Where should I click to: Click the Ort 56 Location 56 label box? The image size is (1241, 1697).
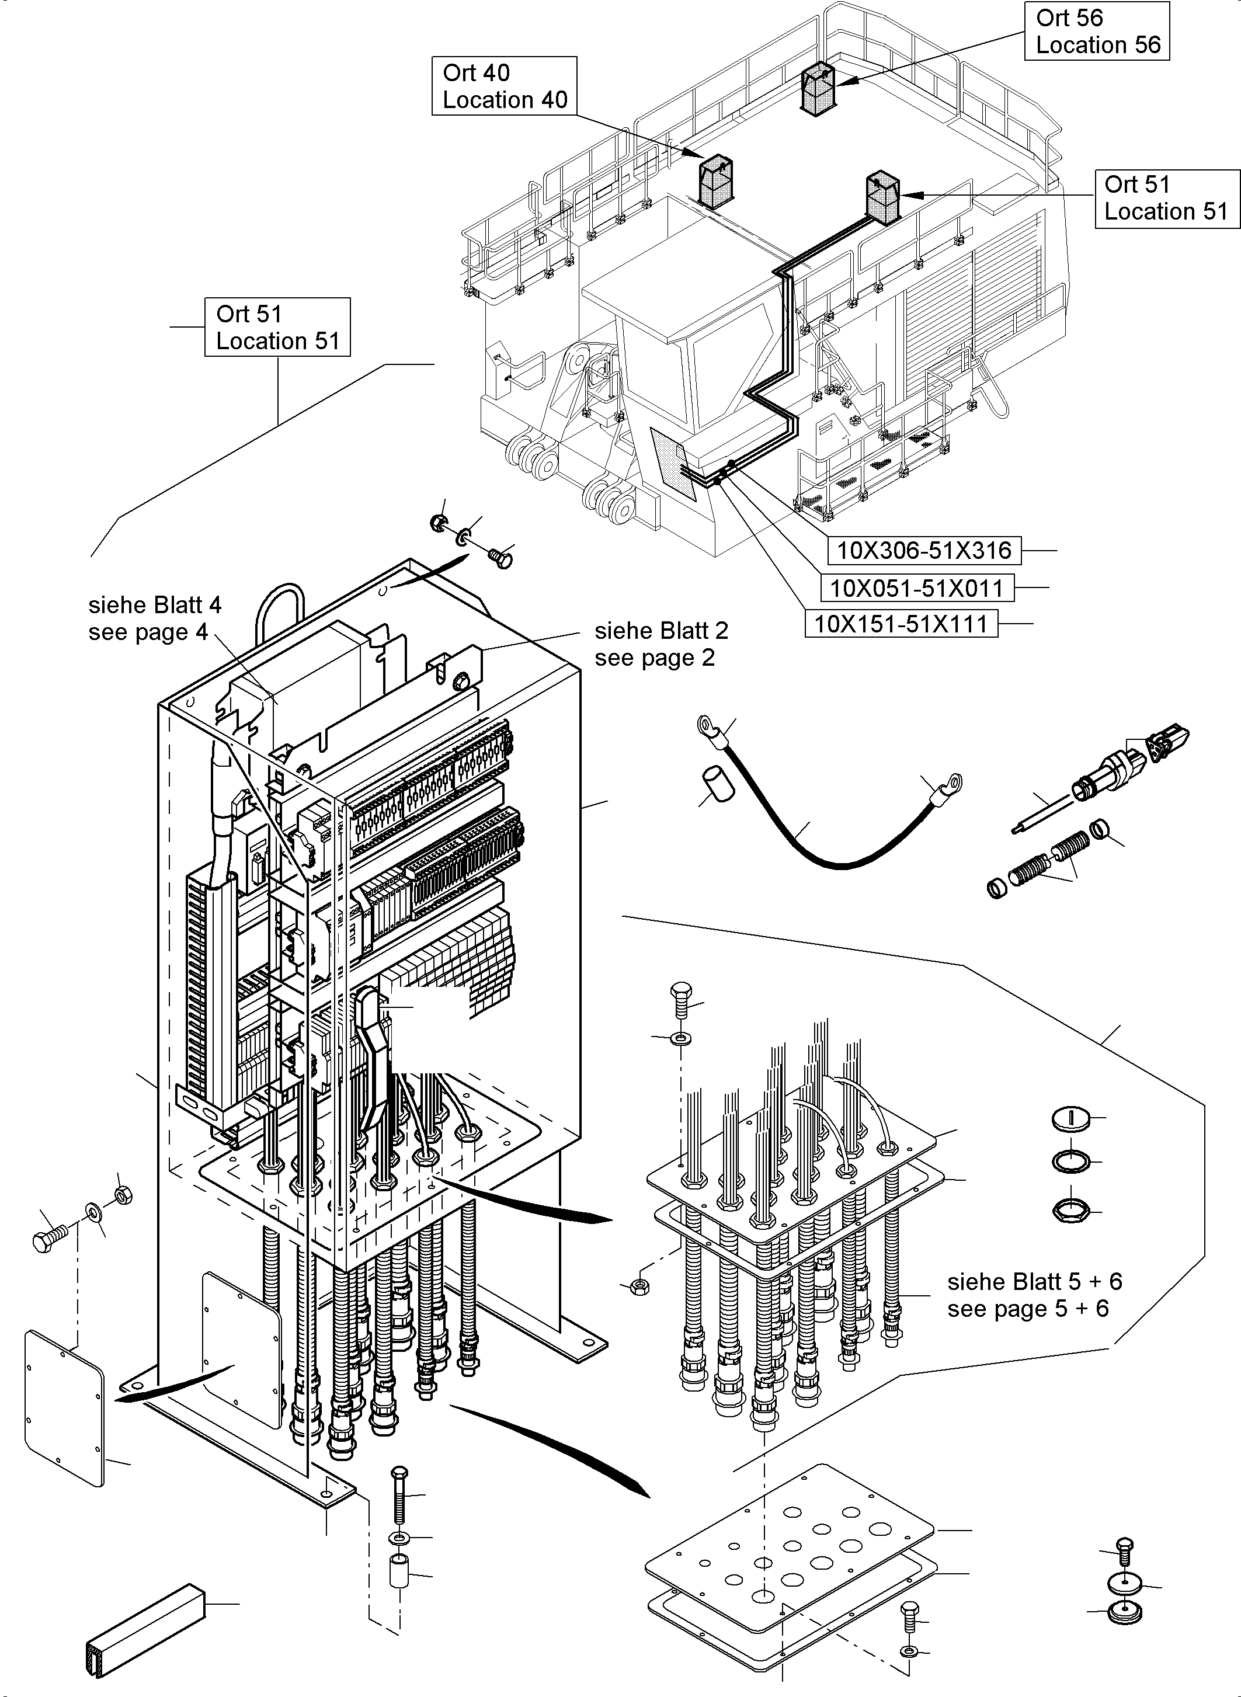[1096, 31]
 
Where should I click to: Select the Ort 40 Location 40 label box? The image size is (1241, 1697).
[504, 86]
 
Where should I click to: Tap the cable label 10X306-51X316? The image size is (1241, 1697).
[923, 551]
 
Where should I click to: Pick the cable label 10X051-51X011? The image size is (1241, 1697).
[916, 587]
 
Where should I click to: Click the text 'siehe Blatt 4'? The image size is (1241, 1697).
[155, 605]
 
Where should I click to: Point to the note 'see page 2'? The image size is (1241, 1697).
[654, 658]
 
